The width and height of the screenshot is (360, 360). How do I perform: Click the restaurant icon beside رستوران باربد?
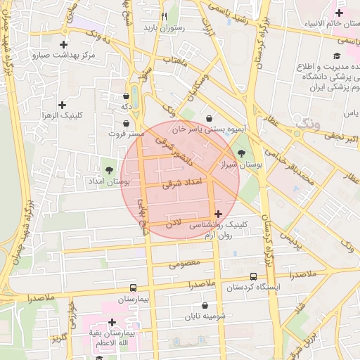pyautogui.click(x=164, y=16)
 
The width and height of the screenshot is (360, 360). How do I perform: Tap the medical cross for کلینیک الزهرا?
pyautogui.click(x=63, y=105)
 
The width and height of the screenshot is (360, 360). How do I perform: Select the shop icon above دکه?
pyautogui.click(x=126, y=96)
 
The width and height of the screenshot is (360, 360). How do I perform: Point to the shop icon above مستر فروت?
pyautogui.click(x=126, y=123)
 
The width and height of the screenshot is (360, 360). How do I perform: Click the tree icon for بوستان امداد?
pyautogui.click(x=109, y=169)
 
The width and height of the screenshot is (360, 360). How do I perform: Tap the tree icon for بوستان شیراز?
pyautogui.click(x=242, y=153)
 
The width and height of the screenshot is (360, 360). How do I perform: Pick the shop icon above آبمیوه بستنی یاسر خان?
pyautogui.click(x=209, y=118)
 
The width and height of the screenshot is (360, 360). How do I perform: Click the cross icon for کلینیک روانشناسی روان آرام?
pyautogui.click(x=218, y=214)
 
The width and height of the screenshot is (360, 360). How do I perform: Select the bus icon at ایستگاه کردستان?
pyautogui.click(x=253, y=277)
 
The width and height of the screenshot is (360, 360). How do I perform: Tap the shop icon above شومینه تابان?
pyautogui.click(x=205, y=306)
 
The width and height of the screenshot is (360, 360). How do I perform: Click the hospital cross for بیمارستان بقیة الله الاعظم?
pyautogui.click(x=112, y=322)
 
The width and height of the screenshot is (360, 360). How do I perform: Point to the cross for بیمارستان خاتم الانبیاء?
pyautogui.click(x=339, y=13)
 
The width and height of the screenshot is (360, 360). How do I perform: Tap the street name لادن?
pyautogui.click(x=174, y=223)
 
